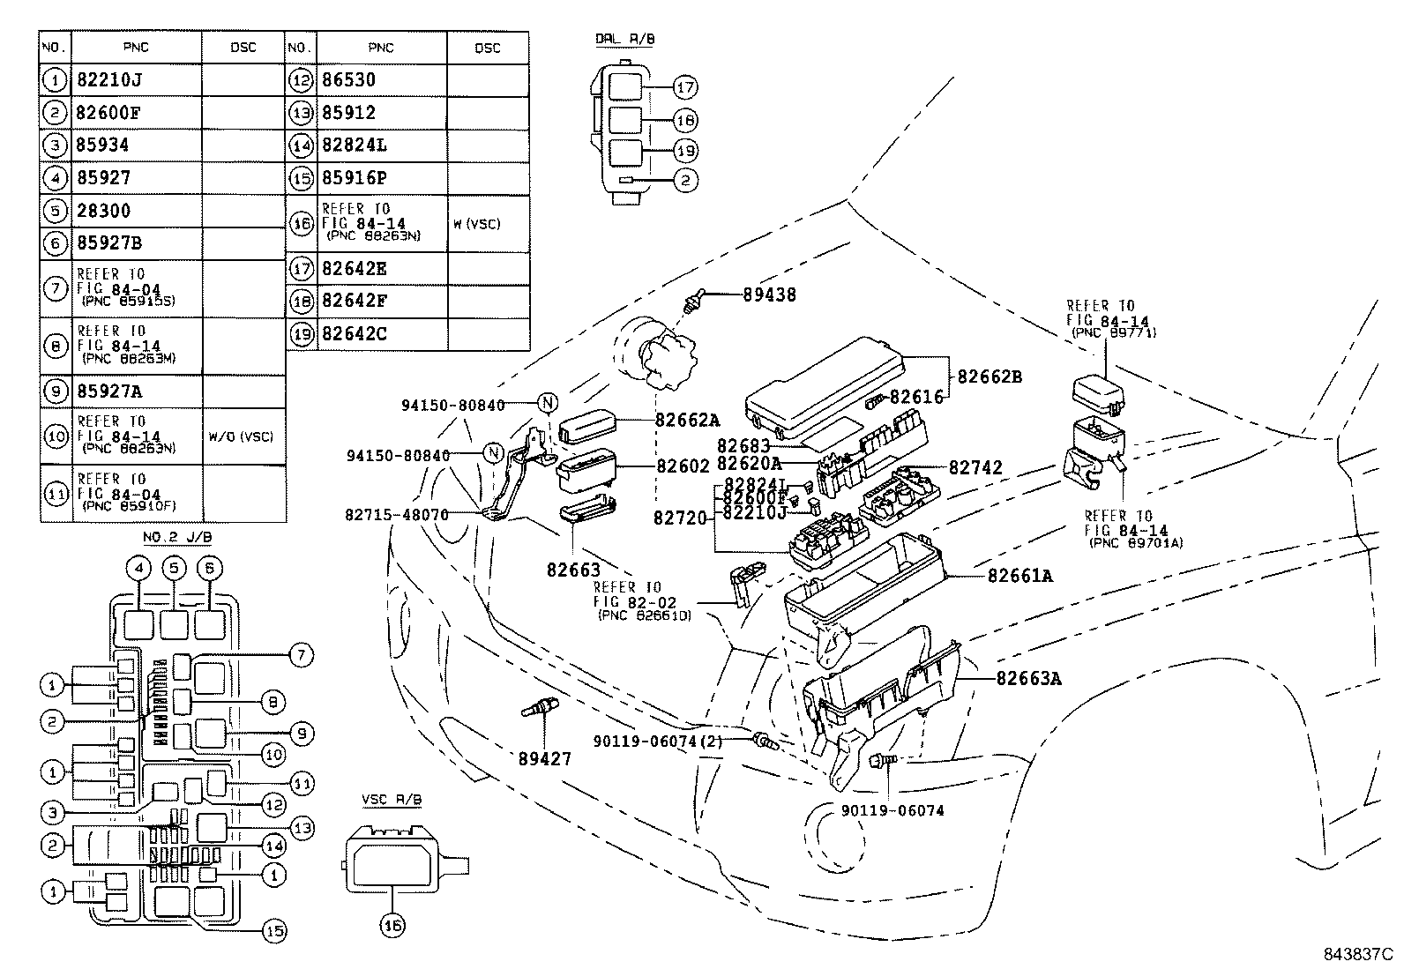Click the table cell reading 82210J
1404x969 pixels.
point(109,80)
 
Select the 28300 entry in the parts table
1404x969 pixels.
point(103,211)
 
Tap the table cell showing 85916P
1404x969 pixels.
point(355,178)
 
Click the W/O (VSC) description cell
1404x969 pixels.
point(242,436)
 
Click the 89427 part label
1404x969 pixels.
point(545,757)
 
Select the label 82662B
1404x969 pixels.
point(990,376)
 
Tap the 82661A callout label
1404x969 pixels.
point(1019,576)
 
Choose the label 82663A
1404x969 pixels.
point(1029,678)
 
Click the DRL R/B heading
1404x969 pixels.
point(624,40)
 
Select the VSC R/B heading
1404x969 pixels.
point(392,799)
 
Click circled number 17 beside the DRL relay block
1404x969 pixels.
point(685,87)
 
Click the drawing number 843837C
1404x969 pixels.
point(1355,954)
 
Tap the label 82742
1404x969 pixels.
point(976,468)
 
